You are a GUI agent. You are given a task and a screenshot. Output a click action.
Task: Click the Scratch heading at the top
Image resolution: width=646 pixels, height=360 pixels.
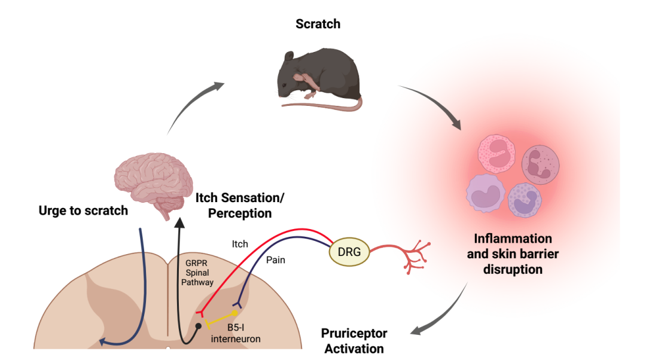click(318, 25)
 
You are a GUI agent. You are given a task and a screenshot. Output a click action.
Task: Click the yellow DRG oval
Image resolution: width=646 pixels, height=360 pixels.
click(349, 252)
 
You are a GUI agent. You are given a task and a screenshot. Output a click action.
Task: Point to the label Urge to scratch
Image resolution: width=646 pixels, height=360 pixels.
click(83, 210)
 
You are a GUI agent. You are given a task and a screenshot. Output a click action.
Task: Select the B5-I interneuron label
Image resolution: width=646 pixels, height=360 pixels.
click(236, 333)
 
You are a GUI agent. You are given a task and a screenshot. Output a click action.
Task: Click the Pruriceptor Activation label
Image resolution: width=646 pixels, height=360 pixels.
click(354, 340)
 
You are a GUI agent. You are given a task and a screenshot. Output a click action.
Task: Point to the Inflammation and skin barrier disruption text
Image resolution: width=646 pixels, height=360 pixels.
click(513, 254)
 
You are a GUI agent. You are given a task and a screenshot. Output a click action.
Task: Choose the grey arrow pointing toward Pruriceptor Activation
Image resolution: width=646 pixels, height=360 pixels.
click(441, 313)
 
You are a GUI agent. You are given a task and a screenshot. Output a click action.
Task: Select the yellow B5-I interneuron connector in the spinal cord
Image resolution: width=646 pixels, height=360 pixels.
click(221, 319)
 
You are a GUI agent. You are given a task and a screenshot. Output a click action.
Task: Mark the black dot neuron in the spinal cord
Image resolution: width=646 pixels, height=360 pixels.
click(199, 326)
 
